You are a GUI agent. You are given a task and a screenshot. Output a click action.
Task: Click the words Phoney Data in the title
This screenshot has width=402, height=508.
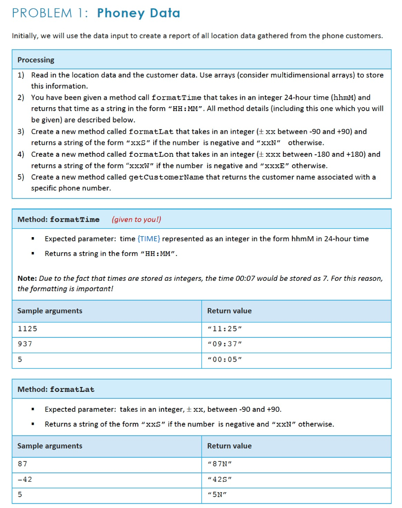(138, 13)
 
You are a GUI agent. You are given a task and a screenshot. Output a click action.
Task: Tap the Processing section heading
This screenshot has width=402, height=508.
(36, 60)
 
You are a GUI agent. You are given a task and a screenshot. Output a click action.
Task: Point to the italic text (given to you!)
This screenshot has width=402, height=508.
(136, 219)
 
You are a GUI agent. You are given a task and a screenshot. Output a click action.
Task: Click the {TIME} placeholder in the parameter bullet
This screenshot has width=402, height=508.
(148, 239)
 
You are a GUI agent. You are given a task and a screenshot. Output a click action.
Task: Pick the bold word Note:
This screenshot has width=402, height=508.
(27, 278)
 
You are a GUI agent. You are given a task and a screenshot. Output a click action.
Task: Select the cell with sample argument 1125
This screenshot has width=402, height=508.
(27, 328)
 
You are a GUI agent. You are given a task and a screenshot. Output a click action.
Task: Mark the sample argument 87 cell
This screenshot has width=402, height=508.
(22, 464)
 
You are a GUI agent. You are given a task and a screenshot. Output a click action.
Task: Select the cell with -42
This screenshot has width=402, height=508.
(25, 479)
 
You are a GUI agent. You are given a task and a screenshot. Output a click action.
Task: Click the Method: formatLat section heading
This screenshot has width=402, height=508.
(56, 389)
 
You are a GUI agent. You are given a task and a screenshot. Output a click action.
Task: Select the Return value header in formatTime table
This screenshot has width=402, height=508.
(229, 311)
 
